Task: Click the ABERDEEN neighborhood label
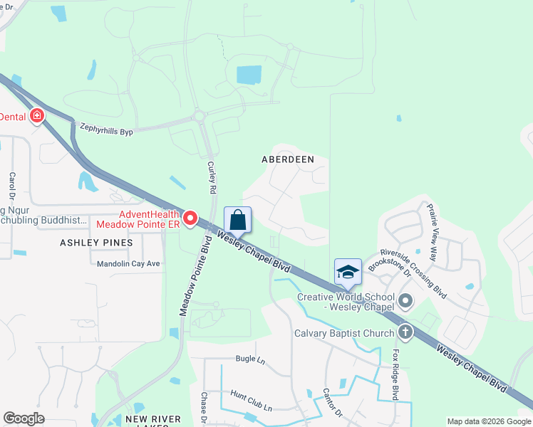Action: tap(288, 160)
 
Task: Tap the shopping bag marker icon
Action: tap(238, 220)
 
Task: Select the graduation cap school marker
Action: tap(348, 272)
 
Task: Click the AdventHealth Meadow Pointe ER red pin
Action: tap(190, 218)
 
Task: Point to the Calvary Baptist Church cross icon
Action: tap(405, 332)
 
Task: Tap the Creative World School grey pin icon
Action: tap(405, 302)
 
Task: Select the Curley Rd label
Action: tap(211, 177)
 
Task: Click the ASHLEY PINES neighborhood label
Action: tap(97, 243)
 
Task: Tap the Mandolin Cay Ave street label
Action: tap(128, 263)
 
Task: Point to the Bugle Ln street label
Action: tap(246, 359)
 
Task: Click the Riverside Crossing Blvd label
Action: tap(413, 273)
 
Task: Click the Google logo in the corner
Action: tap(24, 418)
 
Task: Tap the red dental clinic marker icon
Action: tap(36, 116)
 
